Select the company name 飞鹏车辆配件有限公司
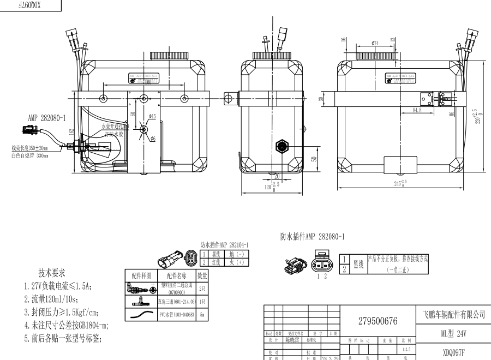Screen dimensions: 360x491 coord(453,315)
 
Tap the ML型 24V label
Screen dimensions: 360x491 coord(454,333)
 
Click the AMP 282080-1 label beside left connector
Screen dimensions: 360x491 coord(47,117)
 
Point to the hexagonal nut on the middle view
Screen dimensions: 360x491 coord(282,146)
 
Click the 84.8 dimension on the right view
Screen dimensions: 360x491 coord(416,110)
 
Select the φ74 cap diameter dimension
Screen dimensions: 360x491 coord(375,43)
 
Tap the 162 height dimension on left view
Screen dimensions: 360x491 coord(71,131)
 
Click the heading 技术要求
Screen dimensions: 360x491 coord(52,273)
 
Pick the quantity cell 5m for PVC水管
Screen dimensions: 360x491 coord(202,315)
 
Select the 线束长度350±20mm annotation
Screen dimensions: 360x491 coord(30,148)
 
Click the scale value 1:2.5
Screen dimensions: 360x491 coord(405,349)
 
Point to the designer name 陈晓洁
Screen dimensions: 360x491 coord(294,339)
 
